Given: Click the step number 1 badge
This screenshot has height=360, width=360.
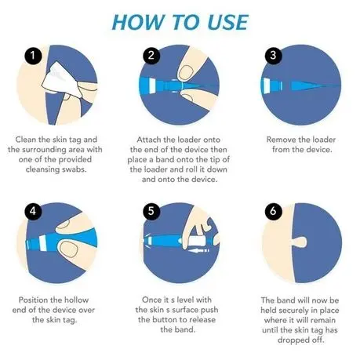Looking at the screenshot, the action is tap(33, 56).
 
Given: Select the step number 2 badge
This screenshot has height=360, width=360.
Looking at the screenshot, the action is tap(151, 56).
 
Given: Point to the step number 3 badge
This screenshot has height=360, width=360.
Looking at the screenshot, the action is tap(273, 56).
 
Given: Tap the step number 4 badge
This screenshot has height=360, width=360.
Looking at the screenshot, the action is tap(33, 211).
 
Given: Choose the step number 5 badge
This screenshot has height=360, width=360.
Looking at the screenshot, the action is tap(151, 211).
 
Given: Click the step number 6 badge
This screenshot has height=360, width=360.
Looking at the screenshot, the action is tap(273, 211).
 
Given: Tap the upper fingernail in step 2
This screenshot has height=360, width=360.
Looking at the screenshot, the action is tap(186, 72).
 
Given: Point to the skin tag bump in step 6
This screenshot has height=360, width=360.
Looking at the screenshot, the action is tap(300, 242).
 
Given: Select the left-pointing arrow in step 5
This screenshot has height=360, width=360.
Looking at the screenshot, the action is tap(198, 251).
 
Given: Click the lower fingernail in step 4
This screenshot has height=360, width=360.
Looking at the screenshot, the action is tap(68, 249).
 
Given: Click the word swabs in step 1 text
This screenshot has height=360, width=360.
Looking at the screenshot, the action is tap(74, 169).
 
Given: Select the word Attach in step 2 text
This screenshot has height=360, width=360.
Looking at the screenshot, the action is tap(149, 140).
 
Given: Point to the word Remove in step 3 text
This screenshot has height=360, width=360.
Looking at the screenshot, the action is tap(280, 140).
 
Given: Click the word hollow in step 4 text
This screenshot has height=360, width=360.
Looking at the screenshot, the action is tap(76, 300).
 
